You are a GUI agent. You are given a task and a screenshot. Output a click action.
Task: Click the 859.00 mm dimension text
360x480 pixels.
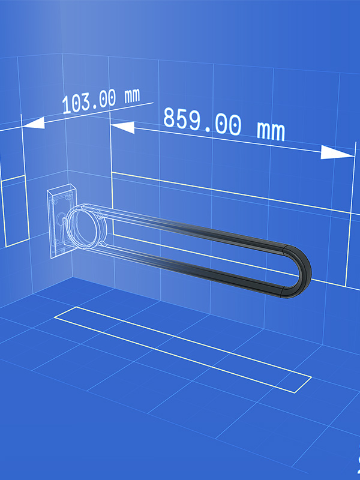(224, 124)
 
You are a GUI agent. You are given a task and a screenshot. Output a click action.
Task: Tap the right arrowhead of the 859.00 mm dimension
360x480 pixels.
(337, 152)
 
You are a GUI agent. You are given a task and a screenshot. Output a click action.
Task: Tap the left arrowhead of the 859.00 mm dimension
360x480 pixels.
(122, 127)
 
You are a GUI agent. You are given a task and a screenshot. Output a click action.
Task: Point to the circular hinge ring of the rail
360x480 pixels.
(86, 226)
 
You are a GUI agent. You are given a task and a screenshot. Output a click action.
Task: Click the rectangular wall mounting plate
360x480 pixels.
(61, 220)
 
